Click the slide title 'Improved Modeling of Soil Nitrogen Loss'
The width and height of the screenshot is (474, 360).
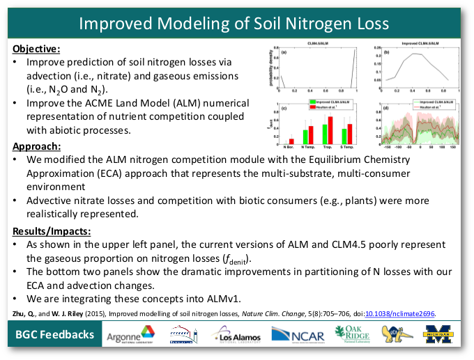(x=234, y=23)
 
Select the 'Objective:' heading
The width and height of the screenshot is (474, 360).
(x=36, y=49)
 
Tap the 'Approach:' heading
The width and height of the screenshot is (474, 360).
(x=36, y=147)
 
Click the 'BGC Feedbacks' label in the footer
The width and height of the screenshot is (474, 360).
(x=55, y=335)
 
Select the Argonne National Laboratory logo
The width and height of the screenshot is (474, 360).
(x=131, y=336)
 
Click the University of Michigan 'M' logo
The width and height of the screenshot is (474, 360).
(x=439, y=335)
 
